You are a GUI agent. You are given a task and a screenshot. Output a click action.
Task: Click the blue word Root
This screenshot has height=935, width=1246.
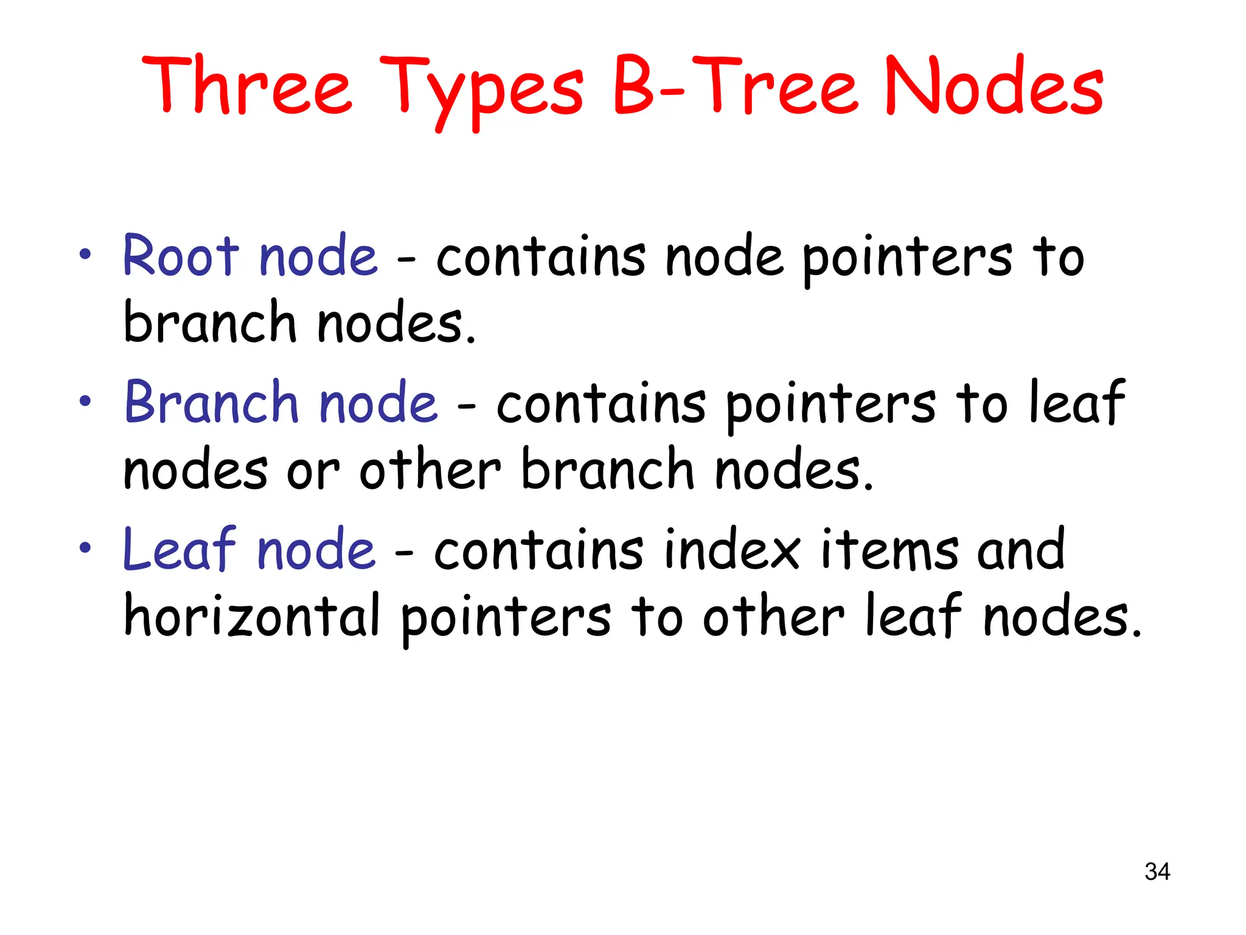(x=181, y=256)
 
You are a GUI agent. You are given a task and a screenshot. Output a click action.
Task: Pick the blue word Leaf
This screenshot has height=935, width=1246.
(x=179, y=549)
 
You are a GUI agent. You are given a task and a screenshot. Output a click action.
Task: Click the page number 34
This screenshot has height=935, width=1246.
(x=1157, y=872)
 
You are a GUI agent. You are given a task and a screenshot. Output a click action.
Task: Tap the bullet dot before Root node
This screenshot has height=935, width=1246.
(x=85, y=254)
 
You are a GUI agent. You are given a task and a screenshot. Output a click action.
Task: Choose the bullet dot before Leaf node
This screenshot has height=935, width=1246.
(x=85, y=547)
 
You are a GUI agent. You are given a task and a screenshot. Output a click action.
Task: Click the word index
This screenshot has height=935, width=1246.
(x=733, y=549)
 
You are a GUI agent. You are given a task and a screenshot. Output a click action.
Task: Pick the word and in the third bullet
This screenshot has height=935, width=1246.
(x=1022, y=549)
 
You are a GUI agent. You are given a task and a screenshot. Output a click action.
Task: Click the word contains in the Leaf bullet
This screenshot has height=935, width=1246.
(x=538, y=549)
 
